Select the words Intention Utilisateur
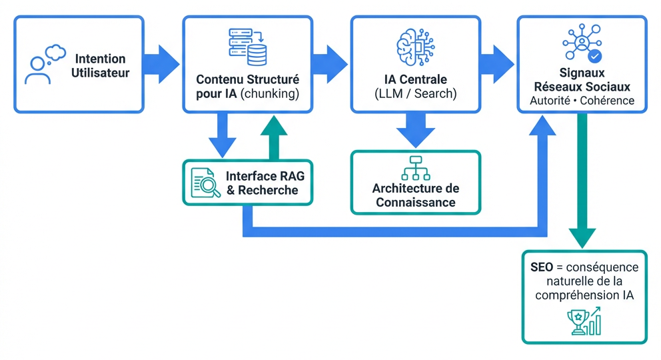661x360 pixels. coord(100,65)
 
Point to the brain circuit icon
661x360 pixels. coord(415,46)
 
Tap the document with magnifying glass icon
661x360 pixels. coord(205,183)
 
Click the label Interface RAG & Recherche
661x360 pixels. coord(262,183)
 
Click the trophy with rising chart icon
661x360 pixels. coord(584,321)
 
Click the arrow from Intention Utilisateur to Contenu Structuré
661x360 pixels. coord(163,65)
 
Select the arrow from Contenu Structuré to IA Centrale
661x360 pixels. coord(331,65)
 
